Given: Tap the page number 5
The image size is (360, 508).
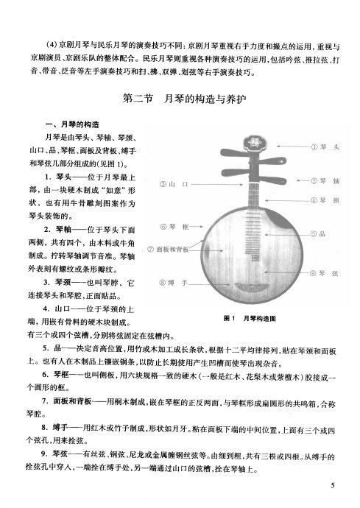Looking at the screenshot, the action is click(333, 485).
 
